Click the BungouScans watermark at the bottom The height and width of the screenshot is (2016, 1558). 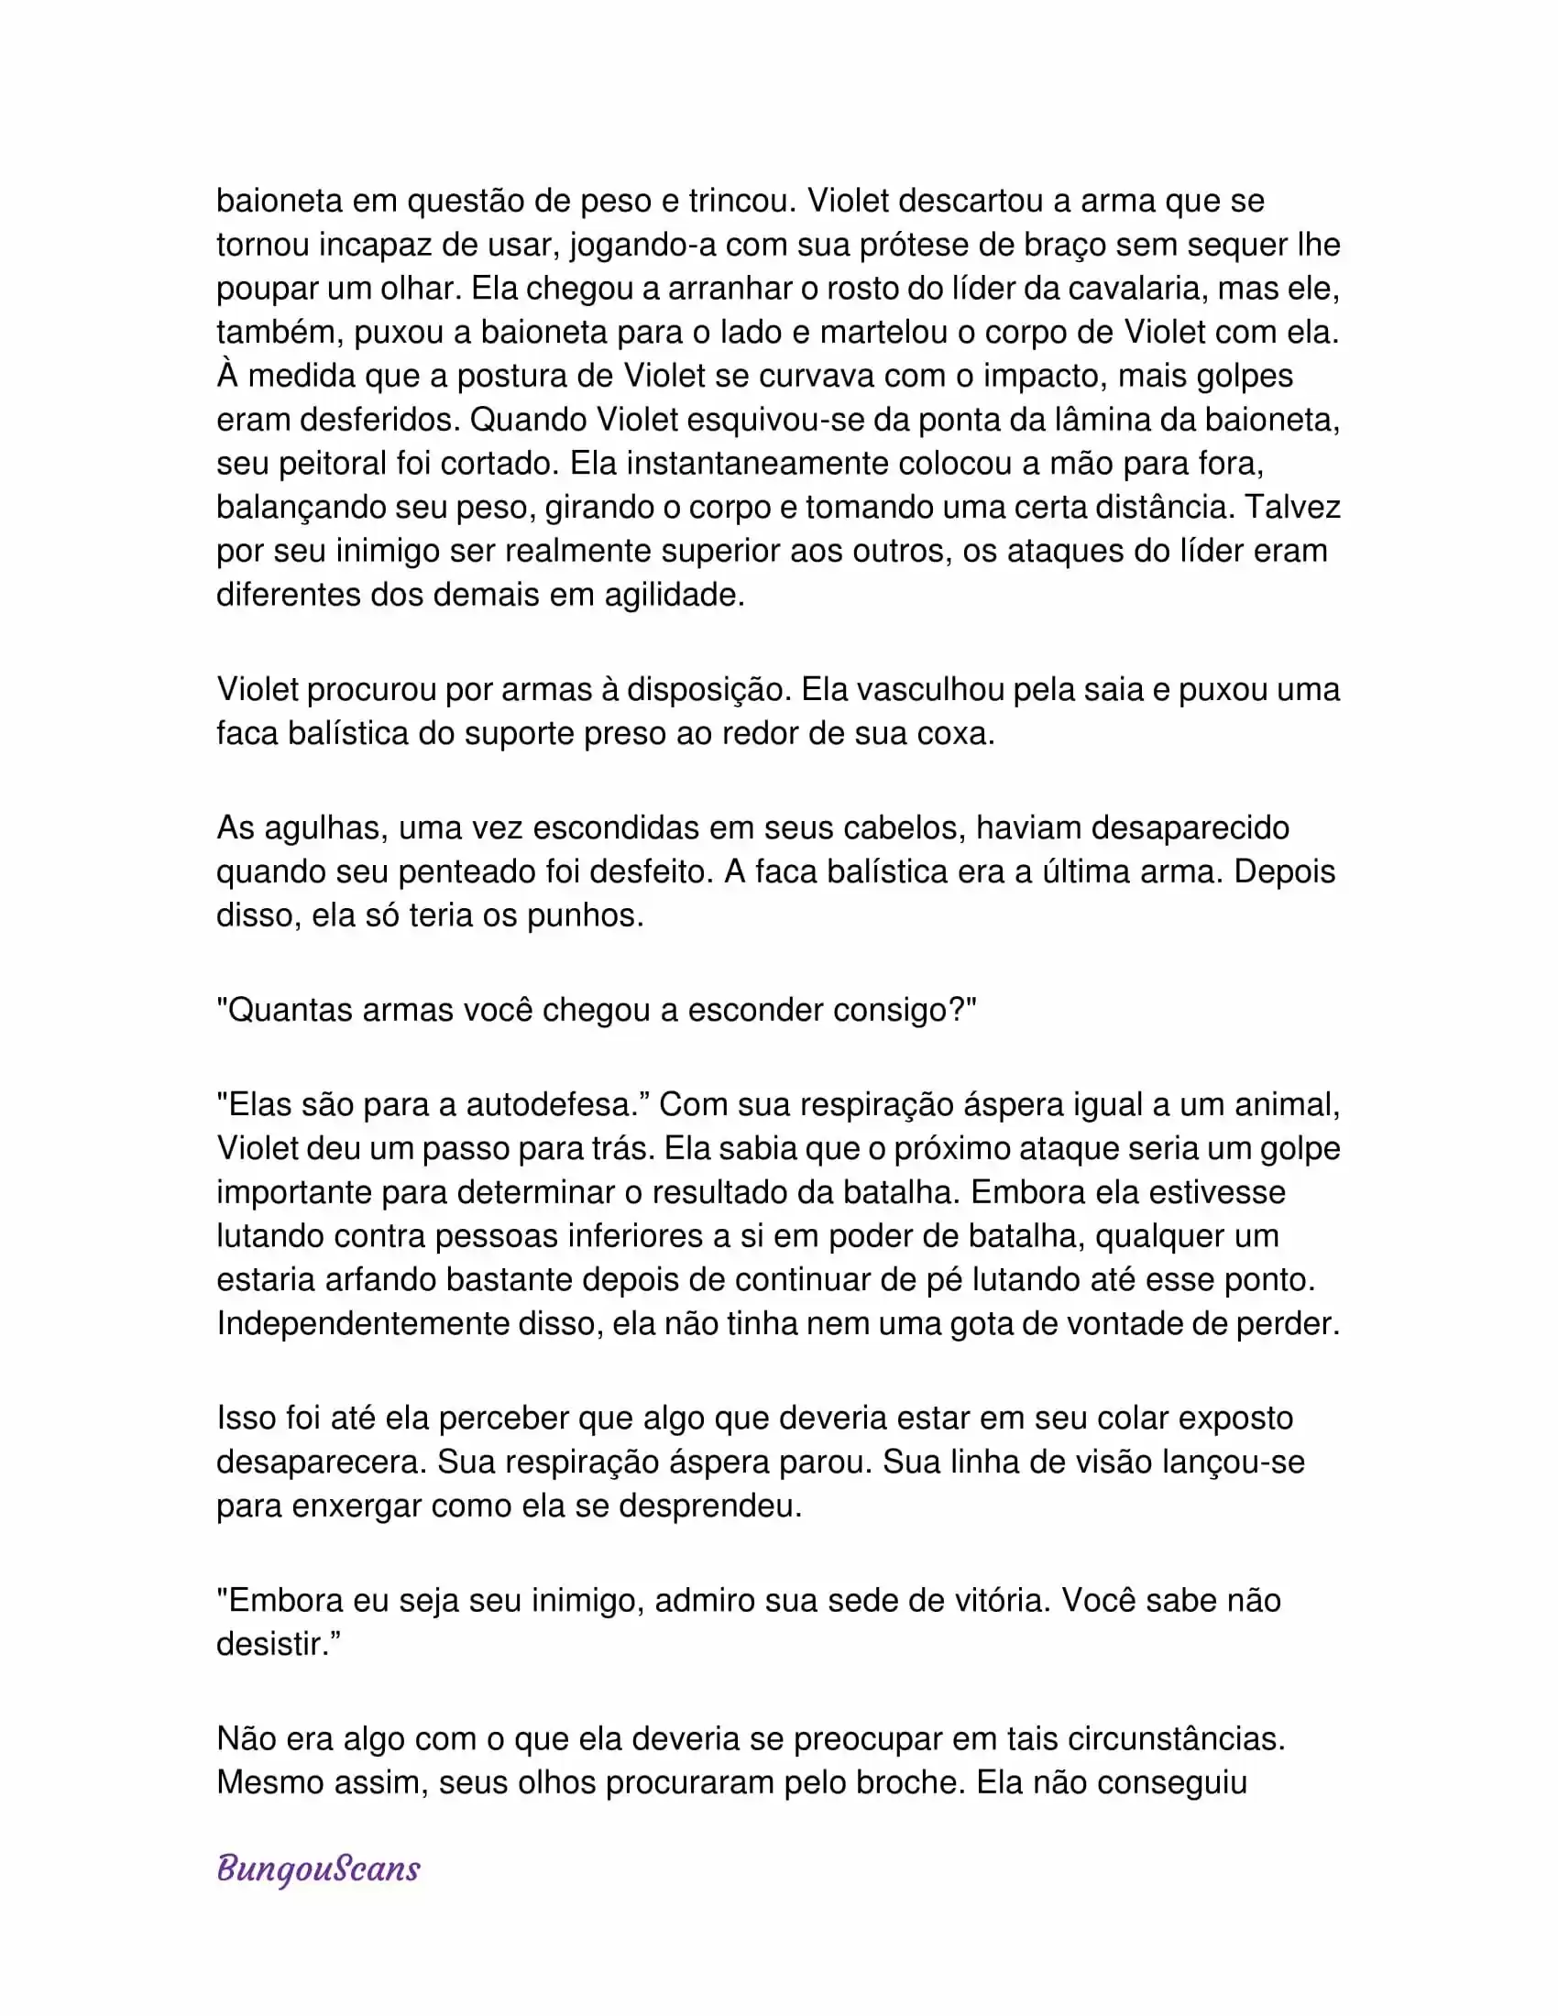[318, 1868]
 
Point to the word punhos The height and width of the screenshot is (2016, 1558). [585, 915]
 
